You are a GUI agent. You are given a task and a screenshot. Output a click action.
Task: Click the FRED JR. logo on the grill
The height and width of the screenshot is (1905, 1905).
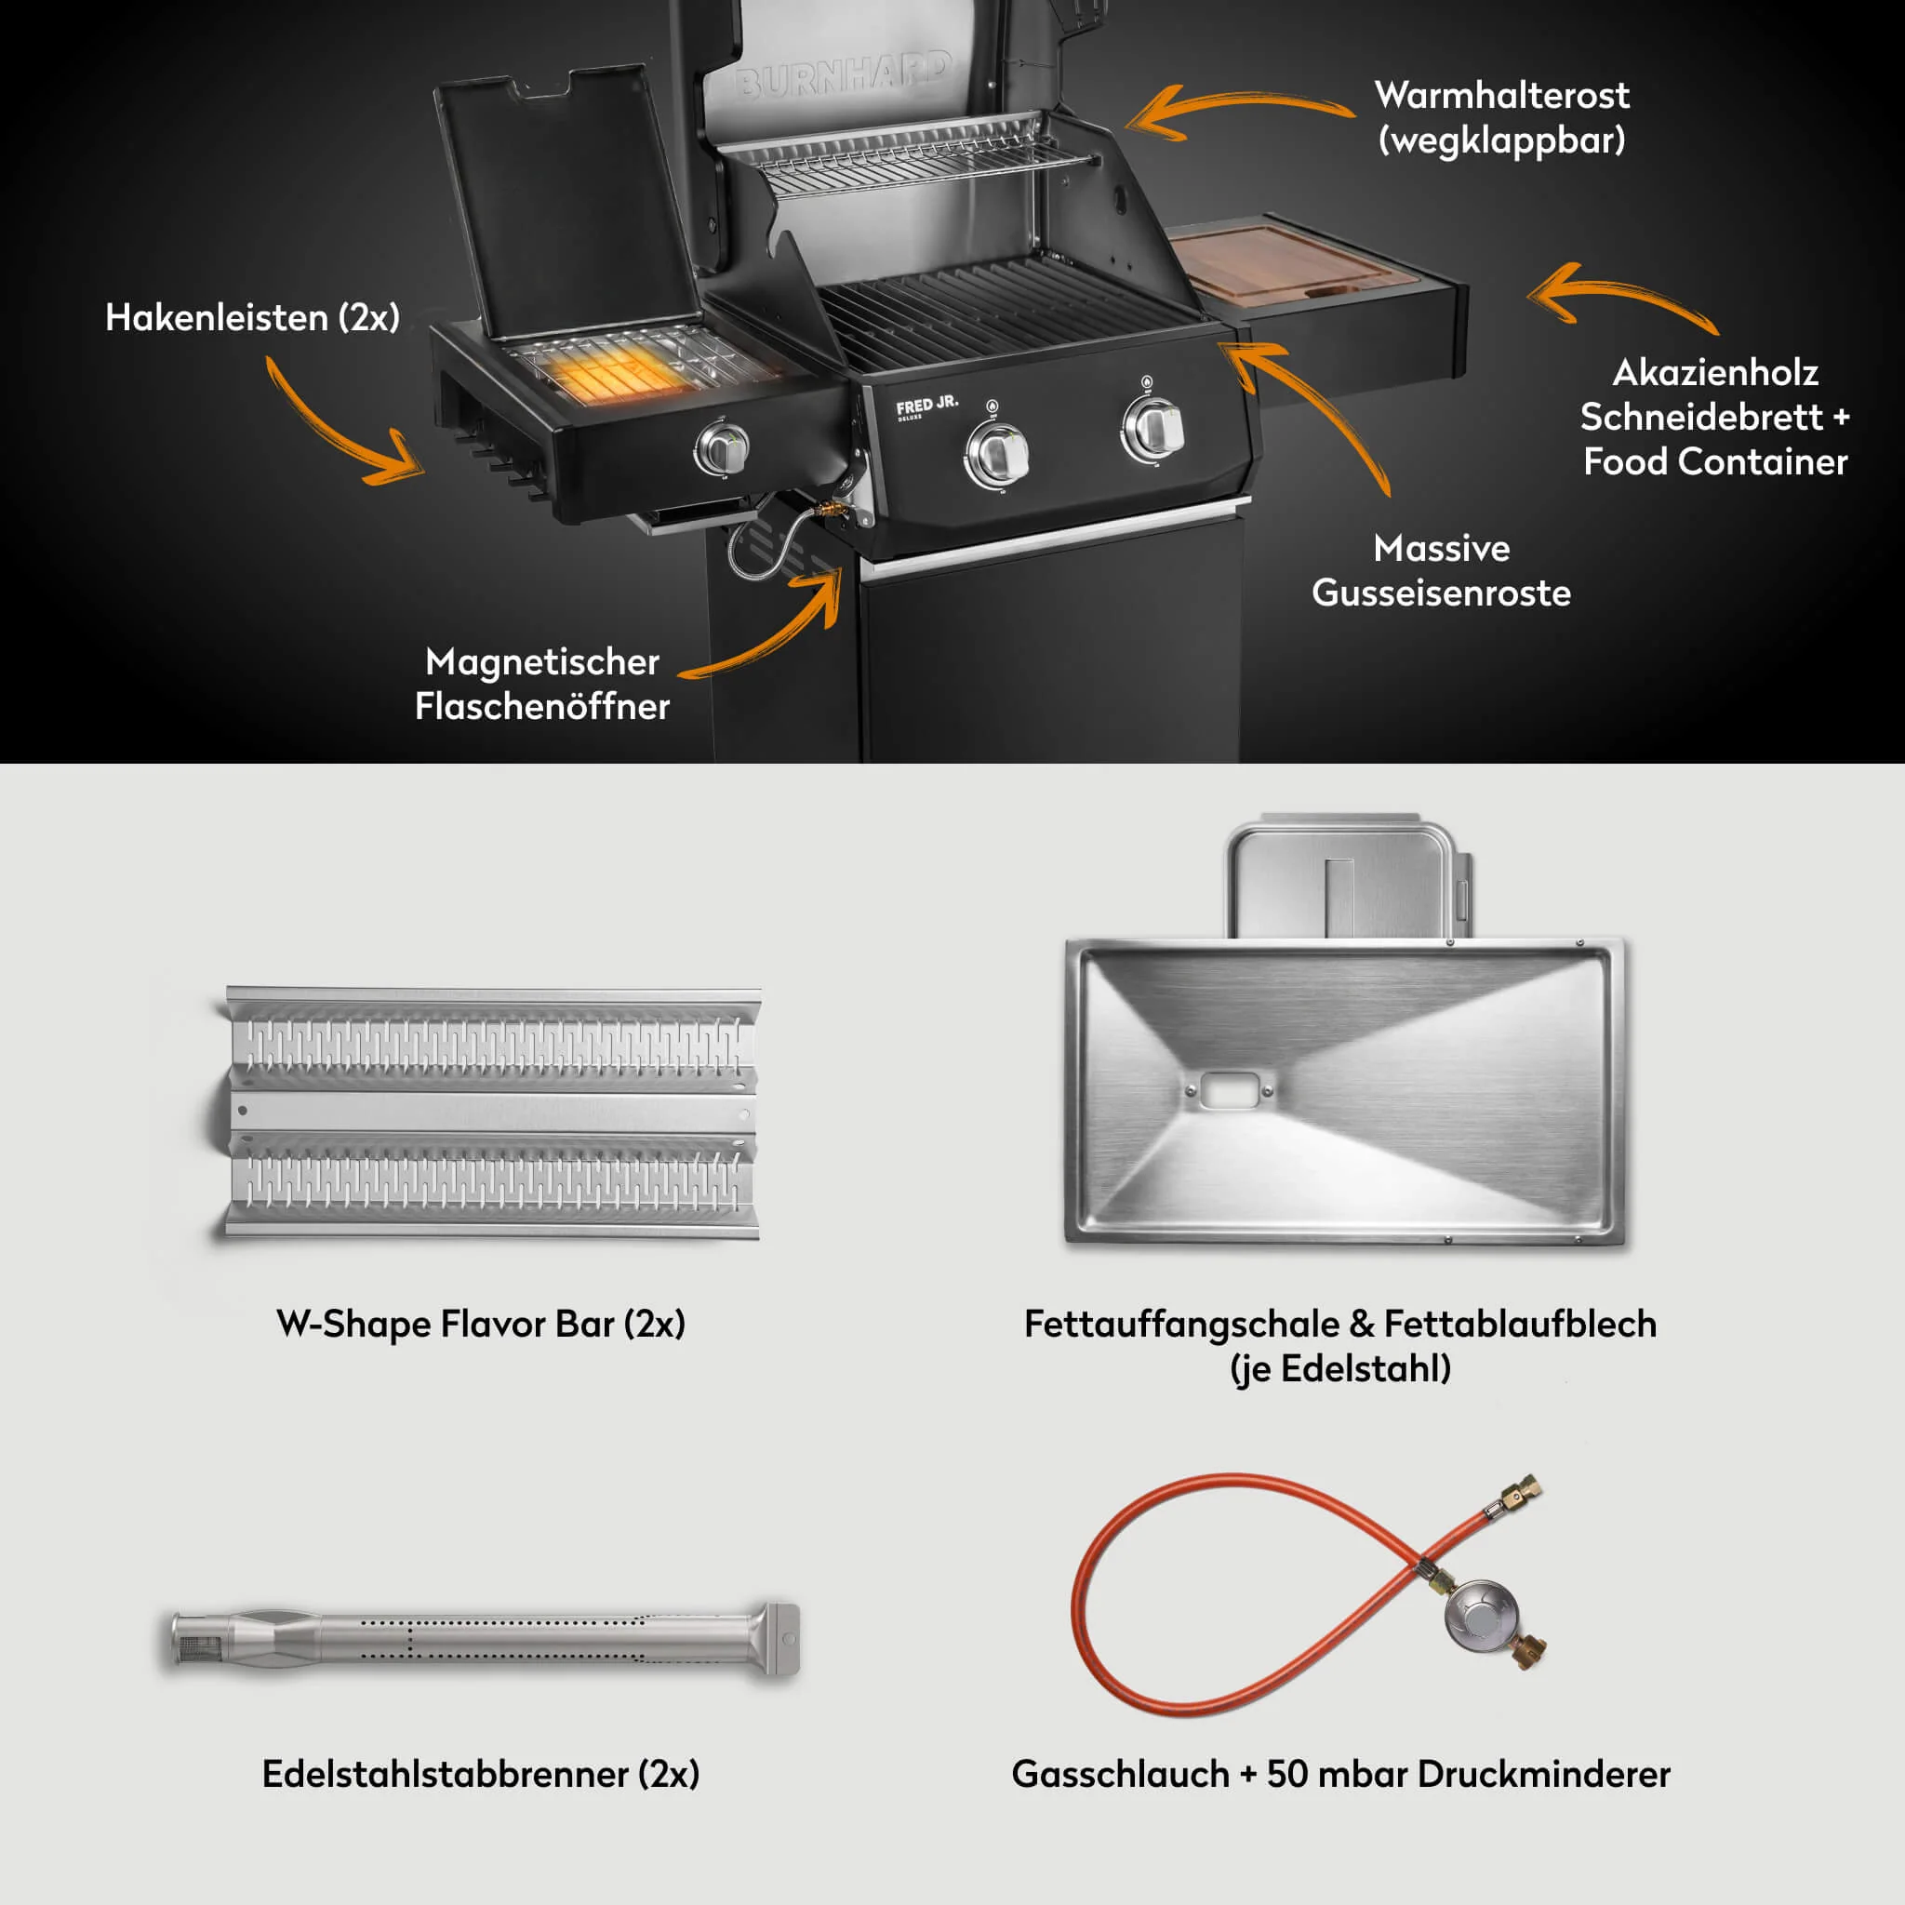pos(926,406)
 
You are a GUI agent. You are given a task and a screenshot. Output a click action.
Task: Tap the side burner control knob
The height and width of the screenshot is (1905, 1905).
pos(724,448)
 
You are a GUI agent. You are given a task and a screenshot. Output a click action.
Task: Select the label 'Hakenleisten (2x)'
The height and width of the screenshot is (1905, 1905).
pos(252,317)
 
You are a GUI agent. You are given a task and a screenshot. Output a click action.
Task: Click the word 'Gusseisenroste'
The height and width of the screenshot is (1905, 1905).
pos(1441,593)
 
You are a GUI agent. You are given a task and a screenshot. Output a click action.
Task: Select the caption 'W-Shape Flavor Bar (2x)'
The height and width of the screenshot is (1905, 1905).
pos(480,1324)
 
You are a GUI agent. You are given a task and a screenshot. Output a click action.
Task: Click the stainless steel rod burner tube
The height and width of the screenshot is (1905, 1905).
pos(483,1639)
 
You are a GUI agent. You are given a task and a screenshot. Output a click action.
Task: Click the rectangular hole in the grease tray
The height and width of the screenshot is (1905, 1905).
pos(1229,1090)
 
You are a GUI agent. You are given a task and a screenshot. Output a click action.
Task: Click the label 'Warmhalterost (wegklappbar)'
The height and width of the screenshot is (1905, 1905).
pos(1500,117)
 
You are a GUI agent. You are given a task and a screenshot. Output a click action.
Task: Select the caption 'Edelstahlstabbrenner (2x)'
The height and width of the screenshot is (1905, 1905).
pos(480,1774)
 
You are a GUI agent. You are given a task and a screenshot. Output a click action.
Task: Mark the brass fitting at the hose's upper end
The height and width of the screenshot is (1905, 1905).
pos(1523,1490)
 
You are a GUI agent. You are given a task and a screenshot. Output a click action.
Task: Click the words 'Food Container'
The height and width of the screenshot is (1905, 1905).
pos(1714,461)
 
